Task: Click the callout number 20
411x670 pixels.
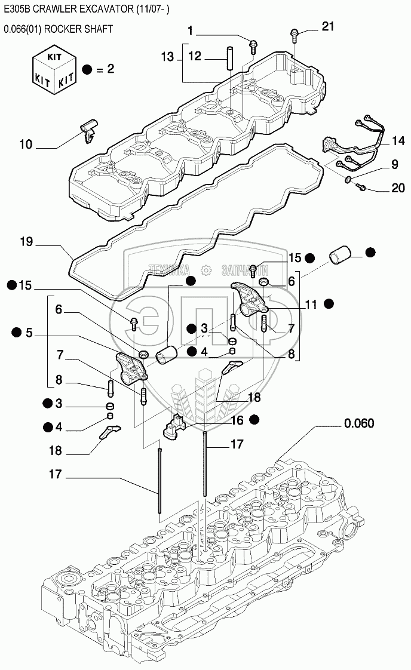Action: (398, 189)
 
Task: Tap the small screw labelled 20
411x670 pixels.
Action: (360, 188)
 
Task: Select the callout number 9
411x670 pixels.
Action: (395, 164)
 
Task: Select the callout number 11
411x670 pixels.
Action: (311, 305)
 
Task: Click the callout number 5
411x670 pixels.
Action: (29, 333)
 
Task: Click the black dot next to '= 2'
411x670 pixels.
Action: (88, 69)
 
